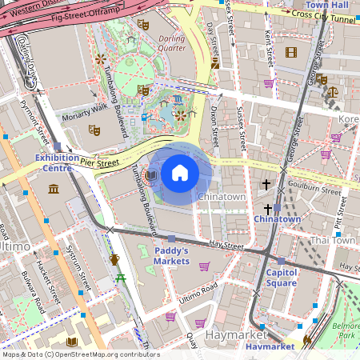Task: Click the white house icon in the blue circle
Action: pos(180,173)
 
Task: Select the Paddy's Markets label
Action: pos(171,255)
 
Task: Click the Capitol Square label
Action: pos(281,278)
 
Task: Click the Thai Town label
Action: pos(333,240)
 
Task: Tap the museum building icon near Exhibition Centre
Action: pos(54,189)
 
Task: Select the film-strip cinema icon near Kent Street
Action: pos(290,53)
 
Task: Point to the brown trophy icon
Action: pos(114,259)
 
